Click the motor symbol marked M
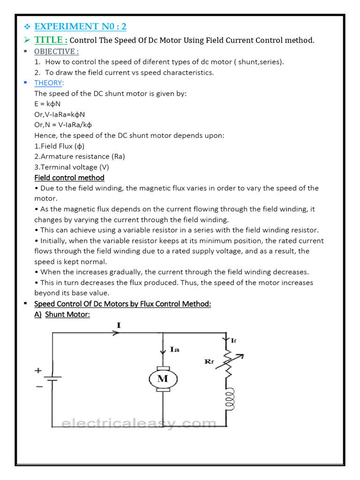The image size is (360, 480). (162, 379)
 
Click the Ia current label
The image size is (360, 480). (174, 349)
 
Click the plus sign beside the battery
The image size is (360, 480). (37, 370)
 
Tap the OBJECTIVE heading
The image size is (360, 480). (56, 52)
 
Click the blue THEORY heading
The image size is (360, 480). (49, 83)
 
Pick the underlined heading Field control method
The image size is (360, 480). (69, 178)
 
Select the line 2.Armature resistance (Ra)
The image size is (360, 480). (79, 157)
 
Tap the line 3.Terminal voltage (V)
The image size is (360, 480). (72, 167)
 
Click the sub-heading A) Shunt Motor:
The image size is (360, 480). (62, 315)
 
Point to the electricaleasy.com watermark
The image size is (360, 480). (139, 424)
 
